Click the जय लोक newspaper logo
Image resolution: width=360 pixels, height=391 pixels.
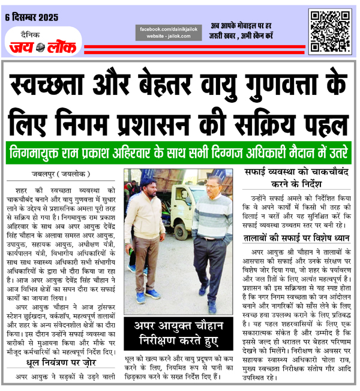(x=41, y=46)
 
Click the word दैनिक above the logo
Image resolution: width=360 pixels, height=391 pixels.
(x=29, y=34)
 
